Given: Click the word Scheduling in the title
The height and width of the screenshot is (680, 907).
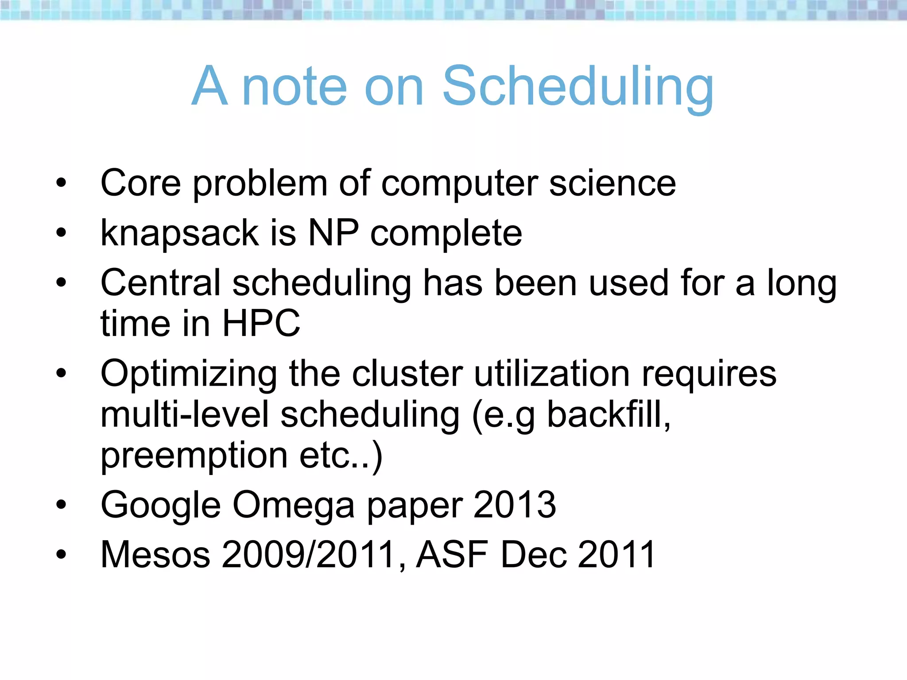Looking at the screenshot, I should tap(578, 87).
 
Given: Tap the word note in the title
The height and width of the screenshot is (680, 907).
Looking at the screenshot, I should tap(295, 87).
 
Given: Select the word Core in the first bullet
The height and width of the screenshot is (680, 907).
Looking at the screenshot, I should tap(141, 183).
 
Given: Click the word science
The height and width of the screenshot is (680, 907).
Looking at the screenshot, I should tap(612, 183).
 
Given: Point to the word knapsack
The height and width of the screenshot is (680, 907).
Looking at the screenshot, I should tap(180, 233).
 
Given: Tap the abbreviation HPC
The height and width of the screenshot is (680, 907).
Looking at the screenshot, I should tap(261, 323).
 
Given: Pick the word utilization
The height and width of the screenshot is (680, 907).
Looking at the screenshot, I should tap(552, 374).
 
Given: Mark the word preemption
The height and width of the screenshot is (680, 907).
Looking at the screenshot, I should tap(194, 456).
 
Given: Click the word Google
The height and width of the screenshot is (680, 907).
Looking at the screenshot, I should tap(161, 506).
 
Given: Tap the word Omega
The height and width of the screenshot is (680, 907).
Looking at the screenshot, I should tap(294, 506).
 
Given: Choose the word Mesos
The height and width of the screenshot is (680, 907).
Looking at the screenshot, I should tap(155, 554).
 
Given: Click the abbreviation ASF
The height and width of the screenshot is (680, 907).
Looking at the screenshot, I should tap(452, 554).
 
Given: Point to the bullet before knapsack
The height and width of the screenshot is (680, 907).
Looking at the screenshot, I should tap(61, 232).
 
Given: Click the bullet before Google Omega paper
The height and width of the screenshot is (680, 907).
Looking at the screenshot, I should tap(61, 504).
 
